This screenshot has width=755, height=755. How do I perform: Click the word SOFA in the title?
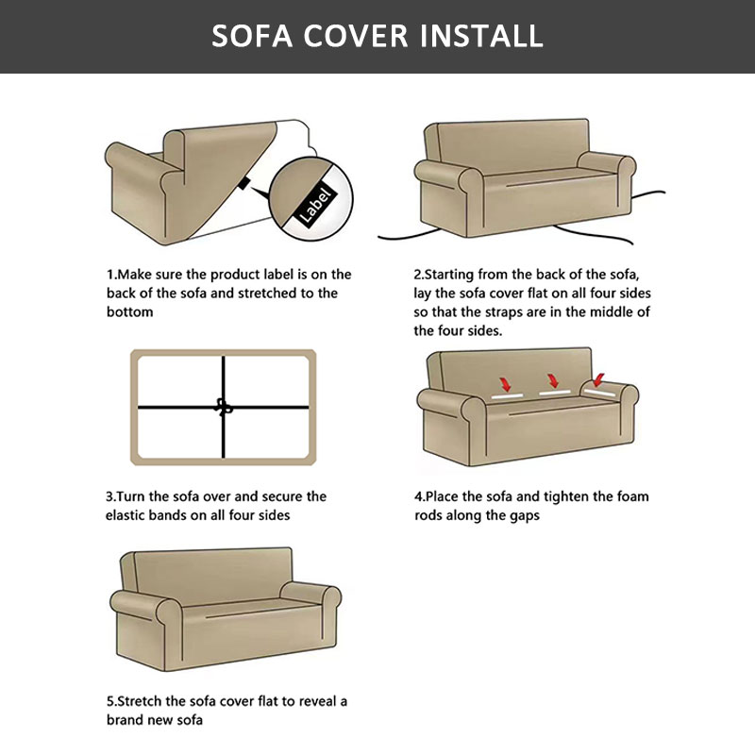(252, 36)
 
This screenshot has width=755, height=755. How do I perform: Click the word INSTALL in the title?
(481, 36)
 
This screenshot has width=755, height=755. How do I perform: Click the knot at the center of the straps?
(223, 407)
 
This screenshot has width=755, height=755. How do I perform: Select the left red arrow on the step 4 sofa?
(505, 384)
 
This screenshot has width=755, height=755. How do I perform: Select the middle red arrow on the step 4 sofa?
(553, 380)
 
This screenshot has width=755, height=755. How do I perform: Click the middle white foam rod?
(555, 394)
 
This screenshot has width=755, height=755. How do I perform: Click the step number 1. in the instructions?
(111, 275)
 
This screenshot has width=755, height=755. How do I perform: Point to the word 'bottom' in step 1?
(129, 312)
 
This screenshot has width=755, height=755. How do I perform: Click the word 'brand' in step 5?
(123, 720)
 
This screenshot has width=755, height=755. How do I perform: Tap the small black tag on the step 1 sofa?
(244, 183)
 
